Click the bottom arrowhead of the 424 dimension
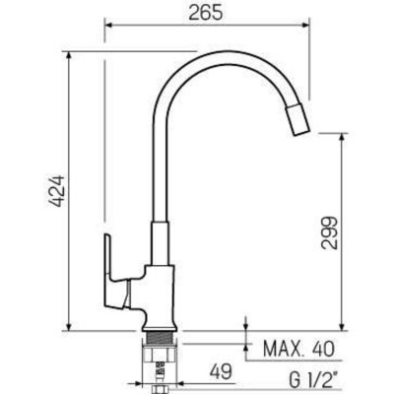[x=70, y=330]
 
